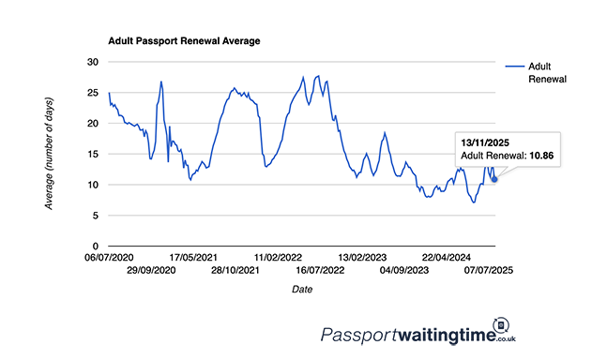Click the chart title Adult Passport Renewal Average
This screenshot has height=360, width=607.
click(x=184, y=41)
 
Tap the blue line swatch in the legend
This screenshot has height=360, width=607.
click(x=514, y=67)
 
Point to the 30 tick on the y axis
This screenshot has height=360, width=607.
click(x=92, y=62)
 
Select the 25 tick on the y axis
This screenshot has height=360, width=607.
click(x=92, y=93)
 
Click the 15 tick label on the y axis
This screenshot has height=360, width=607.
click(x=92, y=154)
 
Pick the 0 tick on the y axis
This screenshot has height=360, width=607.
click(x=95, y=247)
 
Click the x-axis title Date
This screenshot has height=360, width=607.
click(x=301, y=290)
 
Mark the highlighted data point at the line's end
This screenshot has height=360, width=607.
click(x=494, y=179)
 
